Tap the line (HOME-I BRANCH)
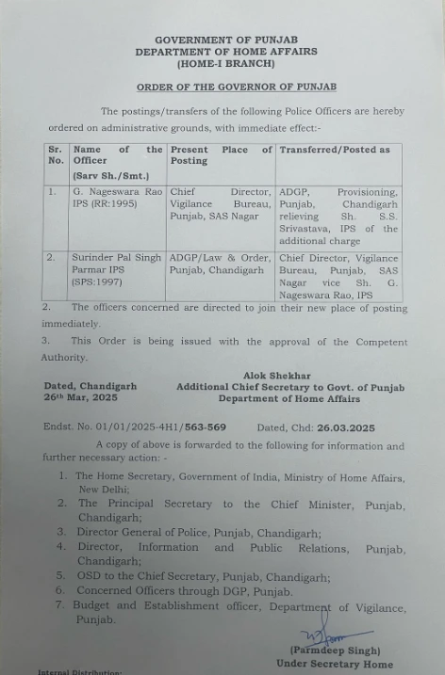(225, 63)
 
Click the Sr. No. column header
(57, 155)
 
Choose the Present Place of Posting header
(221, 155)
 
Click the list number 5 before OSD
(60, 576)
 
